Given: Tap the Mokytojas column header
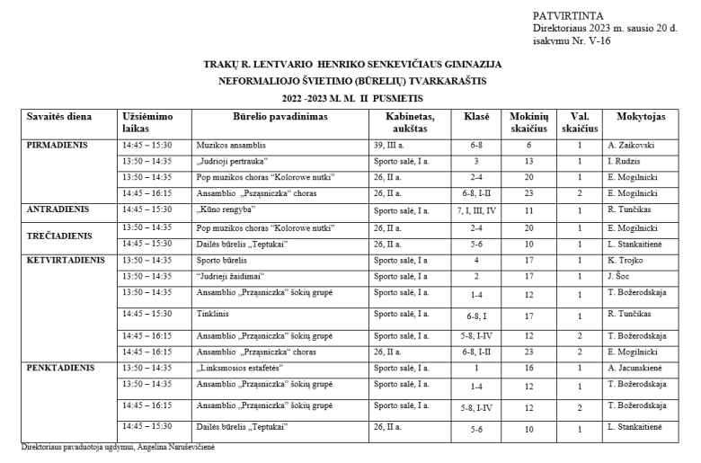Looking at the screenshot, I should click(x=641, y=117).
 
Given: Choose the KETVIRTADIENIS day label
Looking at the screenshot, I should click(x=66, y=260).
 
